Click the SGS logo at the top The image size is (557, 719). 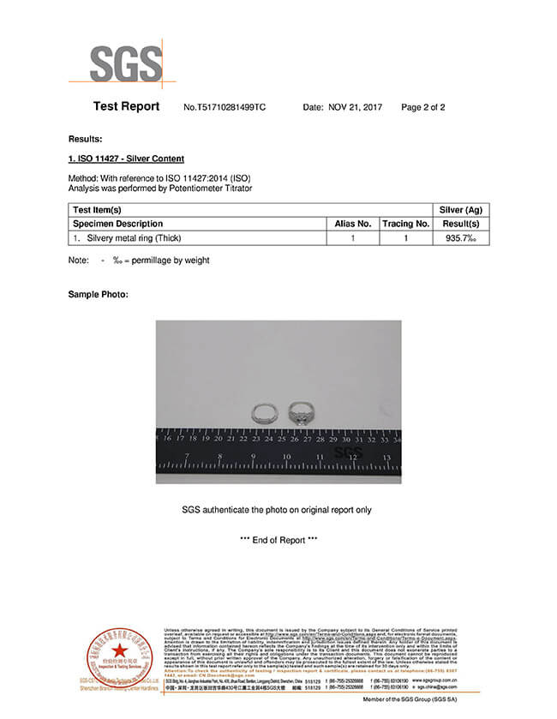click(x=126, y=63)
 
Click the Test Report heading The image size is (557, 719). click(x=126, y=107)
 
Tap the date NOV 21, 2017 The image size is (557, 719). click(x=355, y=108)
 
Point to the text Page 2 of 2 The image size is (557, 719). click(x=422, y=108)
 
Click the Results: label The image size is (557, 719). click(x=85, y=139)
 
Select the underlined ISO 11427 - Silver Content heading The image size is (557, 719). click(x=126, y=159)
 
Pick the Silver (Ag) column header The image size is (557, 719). click(x=463, y=210)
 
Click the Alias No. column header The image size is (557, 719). click(x=352, y=224)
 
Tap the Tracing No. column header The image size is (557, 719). click(x=405, y=224)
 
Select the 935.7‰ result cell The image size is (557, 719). click(x=463, y=237)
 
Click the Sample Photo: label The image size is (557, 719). click(x=98, y=295)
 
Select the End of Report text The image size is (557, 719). click(x=278, y=540)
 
